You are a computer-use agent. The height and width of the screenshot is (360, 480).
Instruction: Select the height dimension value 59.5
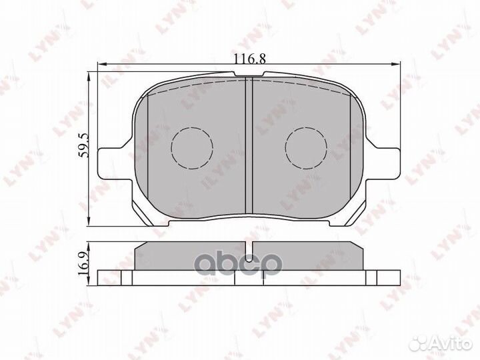pos(83,143)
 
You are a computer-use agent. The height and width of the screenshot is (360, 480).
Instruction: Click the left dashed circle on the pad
pos(192,146)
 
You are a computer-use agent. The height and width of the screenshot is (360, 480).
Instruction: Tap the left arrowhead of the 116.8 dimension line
pos(102,65)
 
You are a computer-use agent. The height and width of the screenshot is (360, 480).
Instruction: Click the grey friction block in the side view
pos(193,257)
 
